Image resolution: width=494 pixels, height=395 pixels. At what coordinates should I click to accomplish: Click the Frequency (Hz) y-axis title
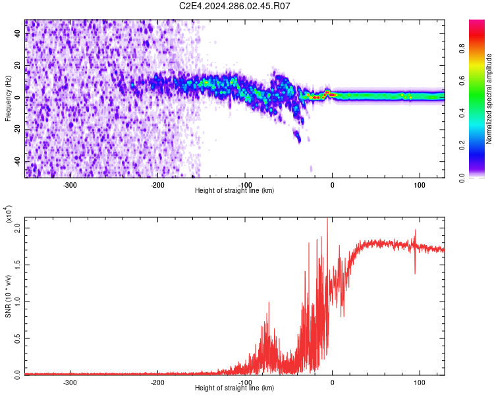tap(8, 98)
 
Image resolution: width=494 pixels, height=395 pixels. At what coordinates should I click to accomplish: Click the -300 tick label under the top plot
tap(70, 184)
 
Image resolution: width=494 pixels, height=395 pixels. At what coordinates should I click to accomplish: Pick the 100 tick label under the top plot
tap(420, 184)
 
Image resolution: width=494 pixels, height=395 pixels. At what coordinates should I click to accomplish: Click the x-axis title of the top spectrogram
tap(234, 190)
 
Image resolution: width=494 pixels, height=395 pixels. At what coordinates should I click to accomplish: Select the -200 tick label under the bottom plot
tap(157, 382)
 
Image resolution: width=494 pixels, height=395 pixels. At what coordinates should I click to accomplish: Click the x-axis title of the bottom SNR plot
tap(234, 388)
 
